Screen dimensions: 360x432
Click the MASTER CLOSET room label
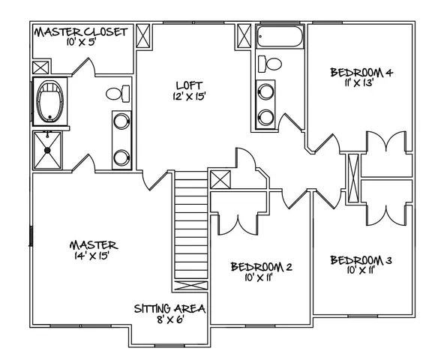[x=82, y=32]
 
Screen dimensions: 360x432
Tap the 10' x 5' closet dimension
[x=82, y=44]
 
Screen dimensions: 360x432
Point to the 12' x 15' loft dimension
[x=187, y=96]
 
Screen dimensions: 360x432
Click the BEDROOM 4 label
[x=361, y=73]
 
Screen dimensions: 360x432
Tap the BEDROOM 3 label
[x=361, y=260]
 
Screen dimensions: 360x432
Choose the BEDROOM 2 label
[x=261, y=266]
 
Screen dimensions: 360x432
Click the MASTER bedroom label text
[x=93, y=244]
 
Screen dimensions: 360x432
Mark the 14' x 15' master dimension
[x=93, y=256]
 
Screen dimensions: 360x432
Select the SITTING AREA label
[x=169, y=308]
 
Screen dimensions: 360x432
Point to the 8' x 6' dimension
[x=169, y=320]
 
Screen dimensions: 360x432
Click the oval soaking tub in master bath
[x=52, y=101]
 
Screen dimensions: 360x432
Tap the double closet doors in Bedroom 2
[x=238, y=223]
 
